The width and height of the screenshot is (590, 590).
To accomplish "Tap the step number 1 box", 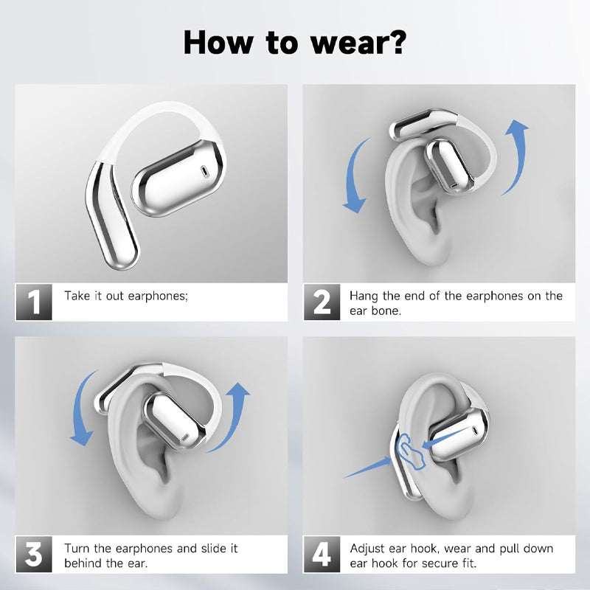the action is point(34,302).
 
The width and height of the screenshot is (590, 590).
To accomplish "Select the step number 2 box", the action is point(322,302).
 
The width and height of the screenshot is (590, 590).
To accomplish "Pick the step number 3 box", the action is point(34,555).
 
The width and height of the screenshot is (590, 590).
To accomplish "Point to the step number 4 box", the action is point(322,555).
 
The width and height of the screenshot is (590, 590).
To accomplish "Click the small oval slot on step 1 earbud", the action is point(204,171).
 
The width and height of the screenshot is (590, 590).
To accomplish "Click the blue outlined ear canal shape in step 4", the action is point(410,451).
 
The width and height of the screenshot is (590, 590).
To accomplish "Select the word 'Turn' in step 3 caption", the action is point(77,548).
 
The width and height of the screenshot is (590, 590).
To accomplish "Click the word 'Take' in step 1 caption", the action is point(77,296).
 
